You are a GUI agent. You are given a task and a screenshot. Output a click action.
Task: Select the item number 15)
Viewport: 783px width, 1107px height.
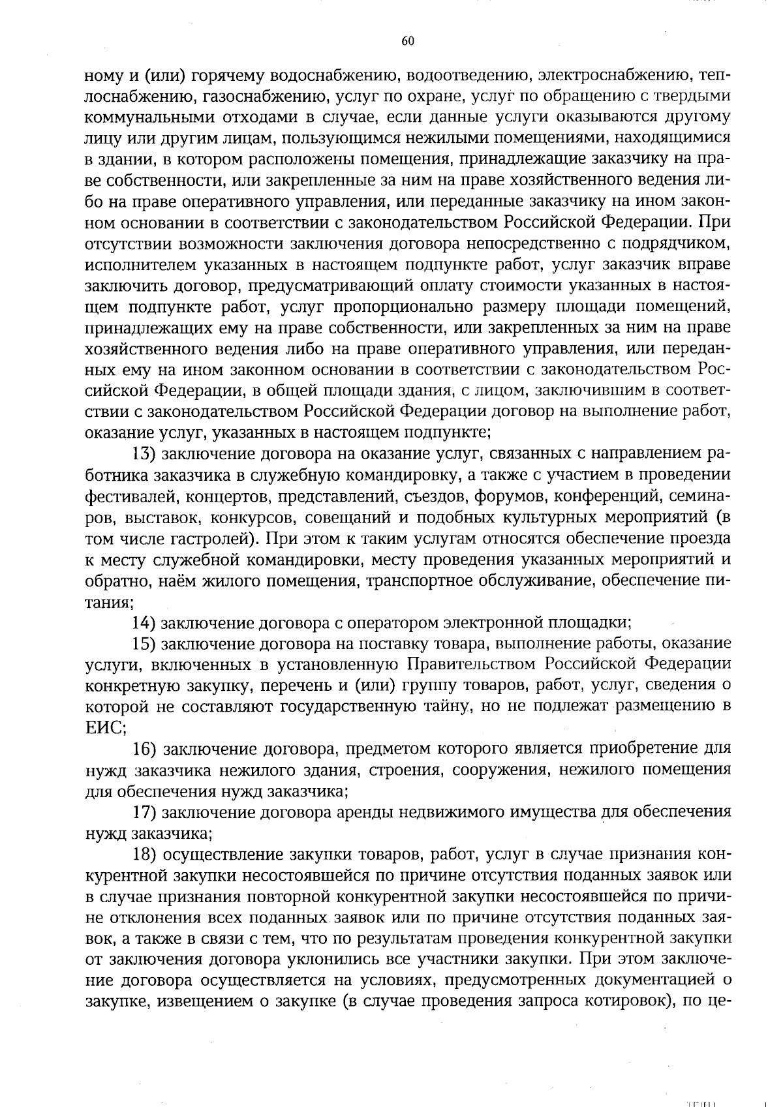[143, 643]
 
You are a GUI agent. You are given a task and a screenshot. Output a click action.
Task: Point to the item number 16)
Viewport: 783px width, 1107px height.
[143, 748]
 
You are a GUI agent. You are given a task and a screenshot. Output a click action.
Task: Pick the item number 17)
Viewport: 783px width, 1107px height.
[143, 812]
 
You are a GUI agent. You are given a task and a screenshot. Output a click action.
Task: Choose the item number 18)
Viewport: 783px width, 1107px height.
[143, 854]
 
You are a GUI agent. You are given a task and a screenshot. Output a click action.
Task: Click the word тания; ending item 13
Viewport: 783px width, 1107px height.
[110, 601]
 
